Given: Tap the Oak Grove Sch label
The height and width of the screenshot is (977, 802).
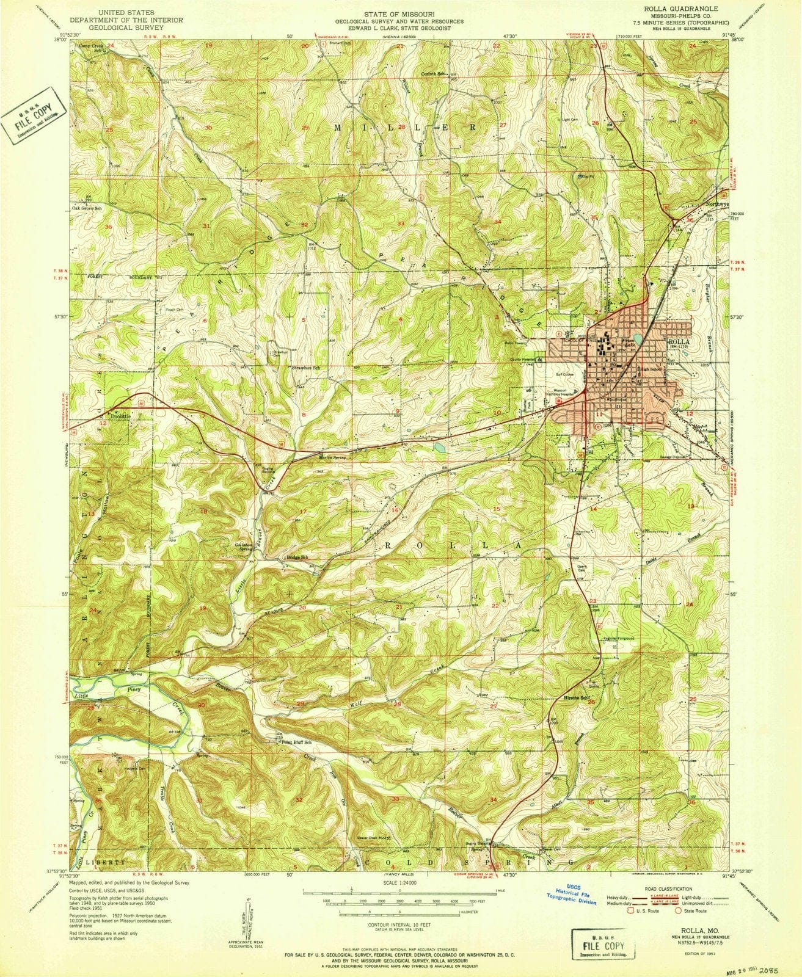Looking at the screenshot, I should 89,207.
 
